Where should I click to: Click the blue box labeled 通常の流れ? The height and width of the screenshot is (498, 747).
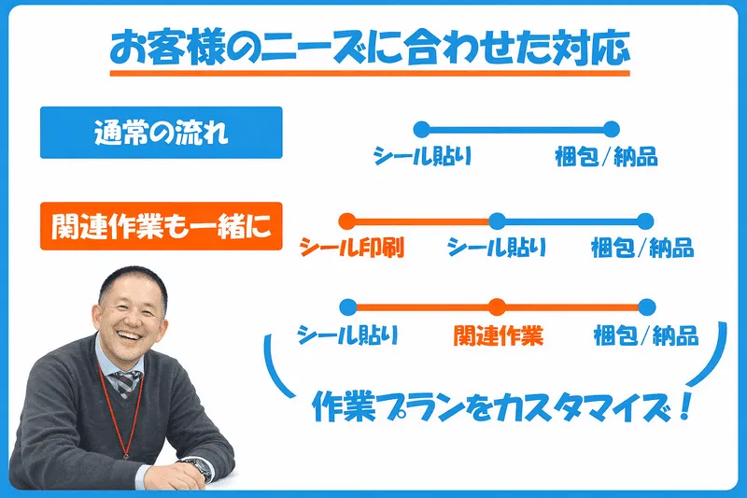(161, 133)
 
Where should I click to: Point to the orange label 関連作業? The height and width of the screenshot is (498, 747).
(498, 334)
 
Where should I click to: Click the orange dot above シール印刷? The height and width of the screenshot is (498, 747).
(346, 221)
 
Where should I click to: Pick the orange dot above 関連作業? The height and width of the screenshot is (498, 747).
(498, 306)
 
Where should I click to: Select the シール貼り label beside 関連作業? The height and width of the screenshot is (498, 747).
(347, 334)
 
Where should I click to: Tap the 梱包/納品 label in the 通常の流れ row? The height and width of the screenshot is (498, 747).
(605, 156)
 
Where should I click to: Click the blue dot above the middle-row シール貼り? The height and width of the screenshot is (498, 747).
(498, 221)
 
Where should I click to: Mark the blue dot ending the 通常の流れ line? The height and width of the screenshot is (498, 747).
(612, 129)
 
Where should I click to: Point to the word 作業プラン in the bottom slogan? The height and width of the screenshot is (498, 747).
(381, 408)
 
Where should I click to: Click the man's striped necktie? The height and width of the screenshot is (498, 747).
(123, 383)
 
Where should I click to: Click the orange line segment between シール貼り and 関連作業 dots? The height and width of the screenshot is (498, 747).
(422, 306)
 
